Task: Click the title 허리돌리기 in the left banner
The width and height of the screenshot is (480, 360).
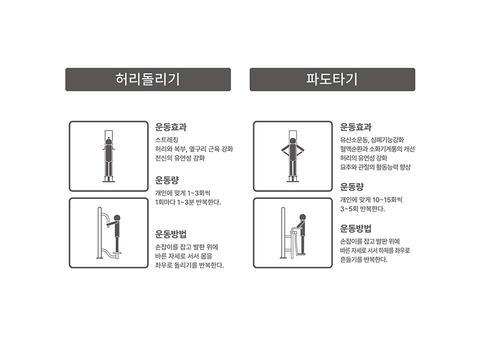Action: tap(147, 79)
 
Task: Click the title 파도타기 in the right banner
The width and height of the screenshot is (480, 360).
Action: tap(332, 79)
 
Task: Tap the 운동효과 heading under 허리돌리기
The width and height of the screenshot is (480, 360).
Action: tap(171, 127)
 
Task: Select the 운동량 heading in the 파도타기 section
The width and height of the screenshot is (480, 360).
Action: tap(351, 187)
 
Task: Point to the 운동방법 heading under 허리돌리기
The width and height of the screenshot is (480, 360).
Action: tap(171, 234)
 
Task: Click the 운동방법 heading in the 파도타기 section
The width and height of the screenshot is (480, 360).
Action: tap(356, 228)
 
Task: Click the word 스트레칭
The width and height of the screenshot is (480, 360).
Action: tap(167, 140)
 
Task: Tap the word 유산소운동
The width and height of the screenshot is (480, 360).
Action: tap(354, 140)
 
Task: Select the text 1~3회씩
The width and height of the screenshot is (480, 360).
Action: tap(199, 193)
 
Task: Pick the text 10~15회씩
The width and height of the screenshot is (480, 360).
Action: tap(387, 200)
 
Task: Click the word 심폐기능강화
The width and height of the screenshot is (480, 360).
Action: tap(387, 140)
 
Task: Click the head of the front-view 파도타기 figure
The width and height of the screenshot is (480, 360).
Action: tap(293, 141)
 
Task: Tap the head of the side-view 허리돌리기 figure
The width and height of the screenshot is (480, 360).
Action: tap(117, 218)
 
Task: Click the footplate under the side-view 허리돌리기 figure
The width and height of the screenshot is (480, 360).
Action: tap(117, 253)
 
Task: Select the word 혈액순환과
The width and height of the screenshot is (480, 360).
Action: tap(354, 149)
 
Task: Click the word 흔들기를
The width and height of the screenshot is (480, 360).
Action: tap(351, 260)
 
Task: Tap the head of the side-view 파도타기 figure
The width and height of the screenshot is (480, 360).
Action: tap(302, 217)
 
